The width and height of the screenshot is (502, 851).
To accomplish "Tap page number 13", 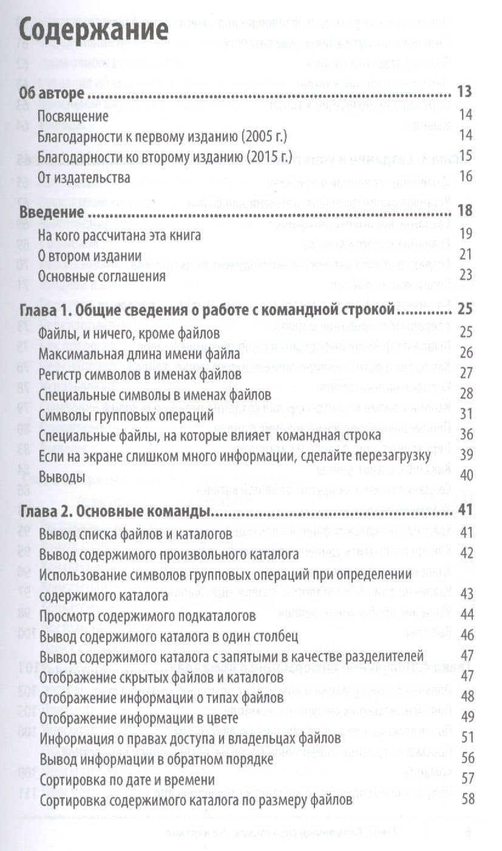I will click(465, 93).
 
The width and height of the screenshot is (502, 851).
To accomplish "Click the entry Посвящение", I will click(73, 115).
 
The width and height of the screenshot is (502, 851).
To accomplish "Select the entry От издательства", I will click(84, 177).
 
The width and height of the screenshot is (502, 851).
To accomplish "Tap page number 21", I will click(466, 255).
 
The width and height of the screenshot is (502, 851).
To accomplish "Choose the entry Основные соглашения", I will click(101, 276).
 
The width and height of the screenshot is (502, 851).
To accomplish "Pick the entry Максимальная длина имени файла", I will click(139, 353).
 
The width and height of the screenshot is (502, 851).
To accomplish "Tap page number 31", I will click(466, 415).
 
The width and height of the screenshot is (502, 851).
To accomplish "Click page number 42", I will click(467, 553).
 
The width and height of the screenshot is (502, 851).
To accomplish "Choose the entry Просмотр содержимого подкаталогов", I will click(147, 616).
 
